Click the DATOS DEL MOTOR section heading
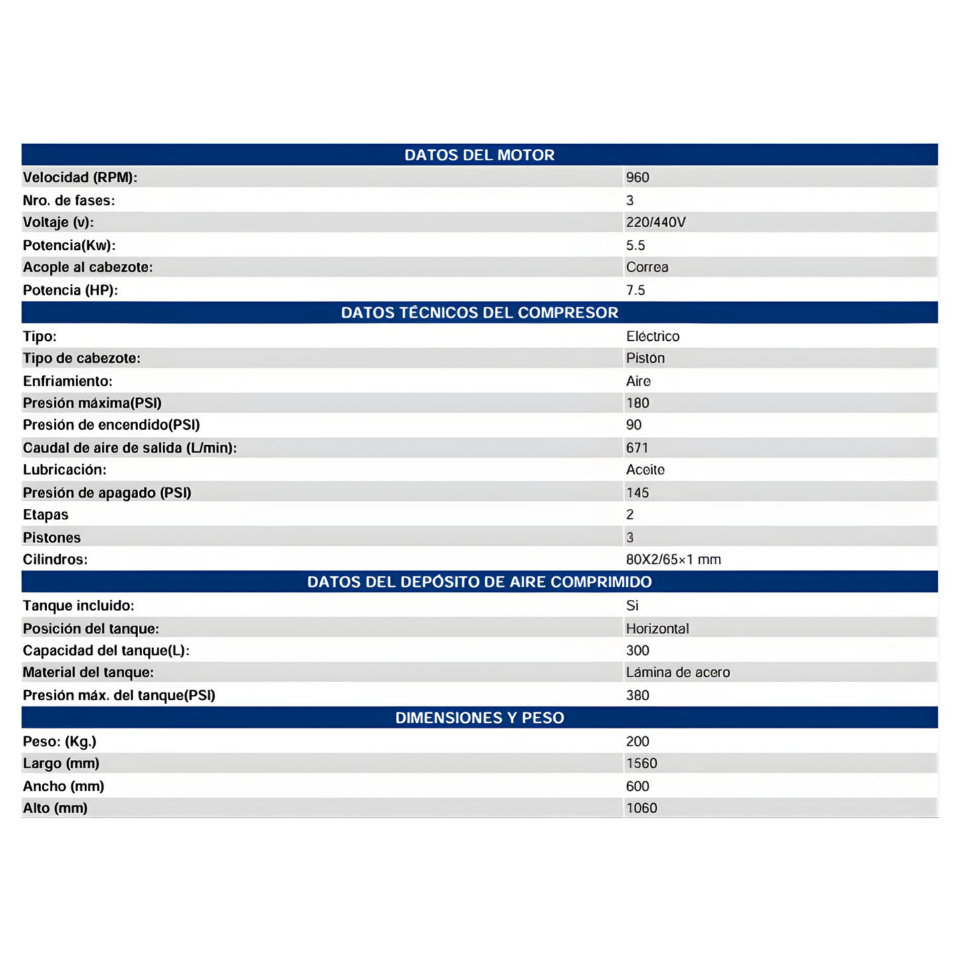479,155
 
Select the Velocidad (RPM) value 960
637,177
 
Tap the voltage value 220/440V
655,223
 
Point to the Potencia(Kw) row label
69,245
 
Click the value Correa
646,267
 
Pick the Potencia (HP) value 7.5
635,290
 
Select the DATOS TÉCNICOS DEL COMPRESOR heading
479,313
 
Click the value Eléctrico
652,336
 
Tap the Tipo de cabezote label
81,358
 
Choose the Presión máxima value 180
637,403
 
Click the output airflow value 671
636,448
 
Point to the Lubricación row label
64,470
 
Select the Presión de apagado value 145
637,493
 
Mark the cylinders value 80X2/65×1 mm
673,559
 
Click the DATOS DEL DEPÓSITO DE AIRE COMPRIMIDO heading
479,582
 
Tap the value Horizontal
657,628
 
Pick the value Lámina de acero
678,672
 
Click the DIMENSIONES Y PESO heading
479,718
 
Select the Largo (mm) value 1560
641,763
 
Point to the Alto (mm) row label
55,808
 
